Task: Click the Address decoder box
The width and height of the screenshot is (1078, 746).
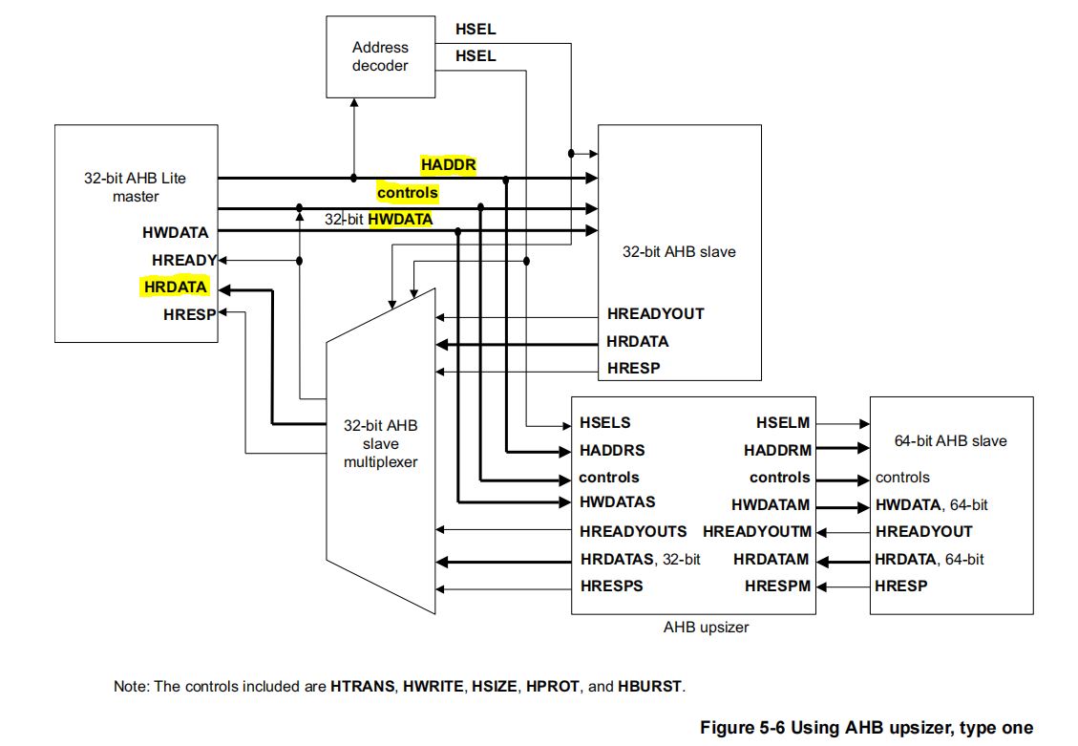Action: (x=380, y=56)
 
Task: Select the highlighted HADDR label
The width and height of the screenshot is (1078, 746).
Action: (x=448, y=165)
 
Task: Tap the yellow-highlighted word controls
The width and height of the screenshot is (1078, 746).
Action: (x=407, y=193)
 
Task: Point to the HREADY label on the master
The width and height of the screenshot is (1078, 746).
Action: (x=183, y=260)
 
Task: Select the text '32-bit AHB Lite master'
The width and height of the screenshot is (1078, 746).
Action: (x=136, y=187)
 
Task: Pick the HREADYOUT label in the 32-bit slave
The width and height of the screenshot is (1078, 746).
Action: (x=655, y=313)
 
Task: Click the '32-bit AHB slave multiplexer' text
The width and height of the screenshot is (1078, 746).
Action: (x=380, y=443)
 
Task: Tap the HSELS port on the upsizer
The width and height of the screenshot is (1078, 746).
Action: (x=604, y=422)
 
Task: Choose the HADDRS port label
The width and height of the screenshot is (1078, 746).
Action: (x=611, y=450)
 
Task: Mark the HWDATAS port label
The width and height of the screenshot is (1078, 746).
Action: (x=617, y=502)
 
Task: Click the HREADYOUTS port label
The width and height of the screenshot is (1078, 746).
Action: (x=632, y=531)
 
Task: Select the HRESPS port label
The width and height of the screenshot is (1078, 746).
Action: (x=611, y=586)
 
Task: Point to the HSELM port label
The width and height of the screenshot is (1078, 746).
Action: (x=782, y=422)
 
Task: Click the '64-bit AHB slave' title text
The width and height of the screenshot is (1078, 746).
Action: (x=950, y=440)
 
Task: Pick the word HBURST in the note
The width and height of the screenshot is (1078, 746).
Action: (x=650, y=686)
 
